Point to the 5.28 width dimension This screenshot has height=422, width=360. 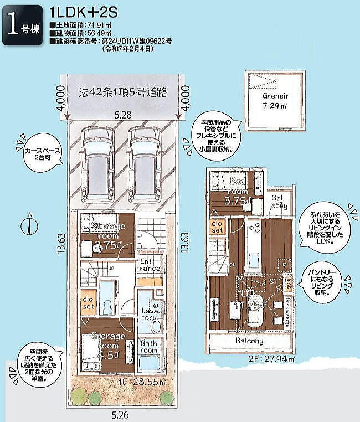click(122, 115)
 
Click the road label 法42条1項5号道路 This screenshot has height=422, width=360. click(122, 92)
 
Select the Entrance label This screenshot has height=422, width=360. click(150, 265)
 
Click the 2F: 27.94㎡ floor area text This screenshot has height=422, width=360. click(272, 359)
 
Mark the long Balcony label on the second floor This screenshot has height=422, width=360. click(249, 341)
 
